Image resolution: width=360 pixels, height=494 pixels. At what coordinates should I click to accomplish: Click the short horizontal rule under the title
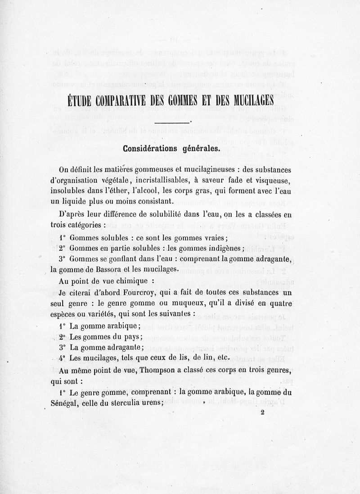[171, 122]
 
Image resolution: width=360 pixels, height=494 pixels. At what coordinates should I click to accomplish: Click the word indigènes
[224, 248]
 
